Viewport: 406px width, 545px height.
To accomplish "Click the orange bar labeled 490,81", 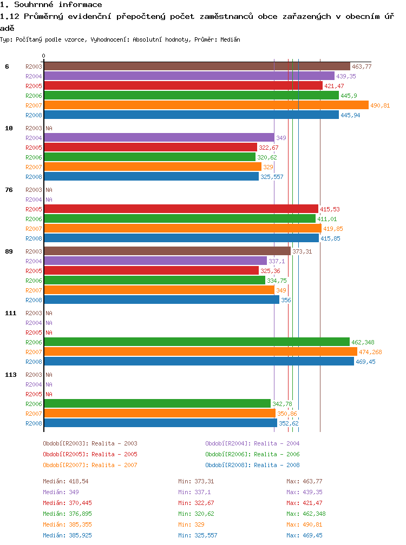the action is pyautogui.click(x=206, y=105).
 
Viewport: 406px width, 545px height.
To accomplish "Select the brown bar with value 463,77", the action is pyautogui.click(x=197, y=66).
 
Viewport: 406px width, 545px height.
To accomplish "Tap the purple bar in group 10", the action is pyautogui.click(x=159, y=138).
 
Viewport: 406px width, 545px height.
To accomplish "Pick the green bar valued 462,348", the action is pyautogui.click(x=197, y=342).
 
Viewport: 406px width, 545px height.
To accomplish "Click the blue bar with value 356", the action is pyautogui.click(x=161, y=300).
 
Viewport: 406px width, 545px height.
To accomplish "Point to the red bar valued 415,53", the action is pyautogui.click(x=181, y=209).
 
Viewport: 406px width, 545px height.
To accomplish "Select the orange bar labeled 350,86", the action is pyautogui.click(x=160, y=413).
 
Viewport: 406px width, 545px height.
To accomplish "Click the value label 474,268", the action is pyautogui.click(x=370, y=352).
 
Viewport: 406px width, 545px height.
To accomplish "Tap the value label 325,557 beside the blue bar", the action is pyautogui.click(x=272, y=177).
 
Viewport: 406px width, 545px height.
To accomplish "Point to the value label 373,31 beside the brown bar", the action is pyautogui.click(x=302, y=251).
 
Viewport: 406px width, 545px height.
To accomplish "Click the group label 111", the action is pyautogui.click(x=11, y=313).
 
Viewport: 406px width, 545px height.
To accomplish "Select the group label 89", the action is pyautogui.click(x=9, y=251).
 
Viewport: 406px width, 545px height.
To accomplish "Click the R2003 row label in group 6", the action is pyautogui.click(x=34, y=67).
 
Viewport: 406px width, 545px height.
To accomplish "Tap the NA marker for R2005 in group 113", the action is pyautogui.click(x=49, y=394).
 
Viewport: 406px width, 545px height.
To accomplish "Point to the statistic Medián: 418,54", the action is pyautogui.click(x=66, y=481).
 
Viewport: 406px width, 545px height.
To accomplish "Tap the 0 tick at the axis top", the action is pyautogui.click(x=43, y=56).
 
